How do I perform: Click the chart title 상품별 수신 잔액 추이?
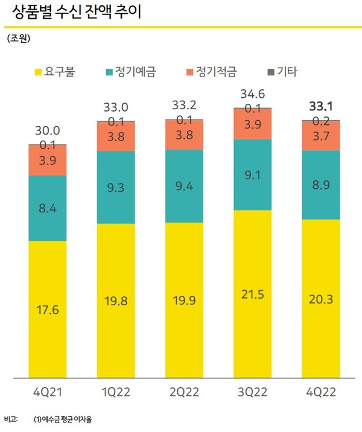tap(77, 12)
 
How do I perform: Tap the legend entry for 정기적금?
tap(211, 73)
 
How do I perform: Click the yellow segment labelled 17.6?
tap(47, 310)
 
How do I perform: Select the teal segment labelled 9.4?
tap(184, 186)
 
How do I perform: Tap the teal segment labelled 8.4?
tap(47, 208)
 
